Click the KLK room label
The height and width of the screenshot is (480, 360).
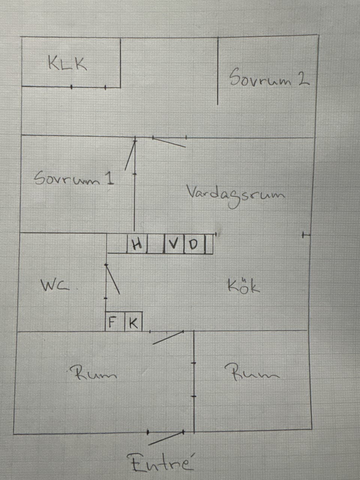click(67, 63)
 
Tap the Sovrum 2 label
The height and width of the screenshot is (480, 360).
click(269, 77)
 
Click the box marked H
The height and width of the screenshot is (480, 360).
click(137, 244)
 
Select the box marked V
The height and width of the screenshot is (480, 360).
click(174, 244)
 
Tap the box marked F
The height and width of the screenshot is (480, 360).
click(115, 321)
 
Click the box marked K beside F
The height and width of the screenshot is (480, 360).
click(133, 321)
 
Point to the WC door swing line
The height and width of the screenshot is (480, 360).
click(113, 279)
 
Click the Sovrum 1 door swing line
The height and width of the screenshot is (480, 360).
click(130, 156)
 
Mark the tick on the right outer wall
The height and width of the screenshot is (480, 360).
click(306, 235)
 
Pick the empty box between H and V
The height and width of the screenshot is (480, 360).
click(156, 244)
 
